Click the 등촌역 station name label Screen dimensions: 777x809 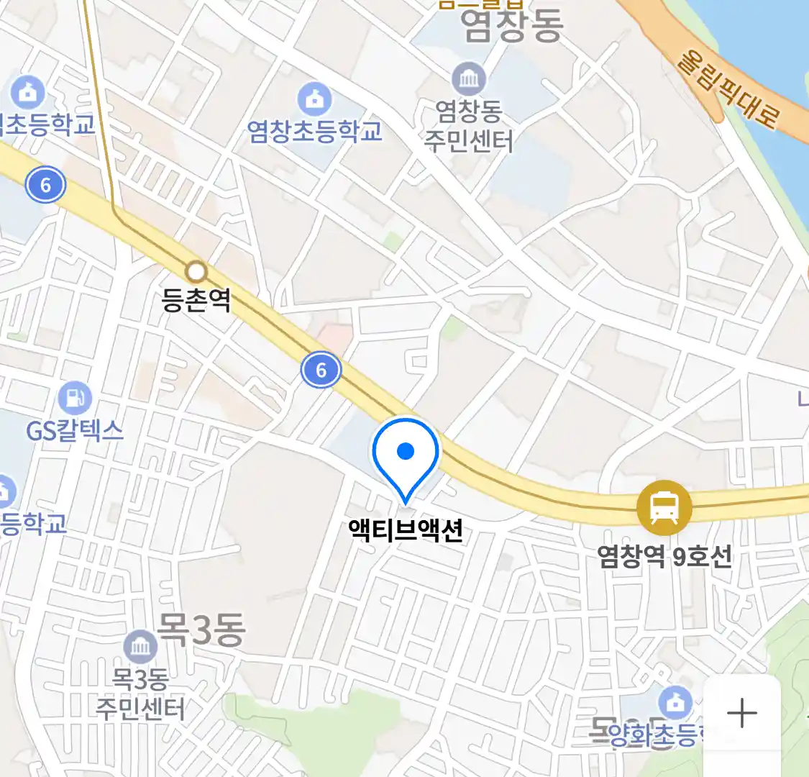coord(196,300)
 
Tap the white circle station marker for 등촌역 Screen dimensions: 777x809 coord(196,272)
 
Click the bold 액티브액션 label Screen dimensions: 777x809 coord(406,530)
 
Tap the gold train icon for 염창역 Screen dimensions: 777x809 coord(664,508)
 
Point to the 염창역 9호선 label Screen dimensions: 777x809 coord(664,555)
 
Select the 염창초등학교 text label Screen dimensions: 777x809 coord(314,131)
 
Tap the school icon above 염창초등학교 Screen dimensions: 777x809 coord(314,99)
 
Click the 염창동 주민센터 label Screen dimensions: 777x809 coord(469,126)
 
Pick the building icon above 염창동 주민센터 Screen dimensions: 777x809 coord(469,78)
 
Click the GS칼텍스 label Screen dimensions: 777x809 coord(75,430)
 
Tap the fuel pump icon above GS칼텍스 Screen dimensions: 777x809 coord(75,397)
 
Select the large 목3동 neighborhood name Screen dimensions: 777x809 coord(201,630)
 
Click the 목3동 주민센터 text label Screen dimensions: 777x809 coord(140,694)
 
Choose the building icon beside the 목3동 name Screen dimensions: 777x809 coord(140,647)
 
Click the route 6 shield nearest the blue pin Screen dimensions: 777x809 coord(321,370)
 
